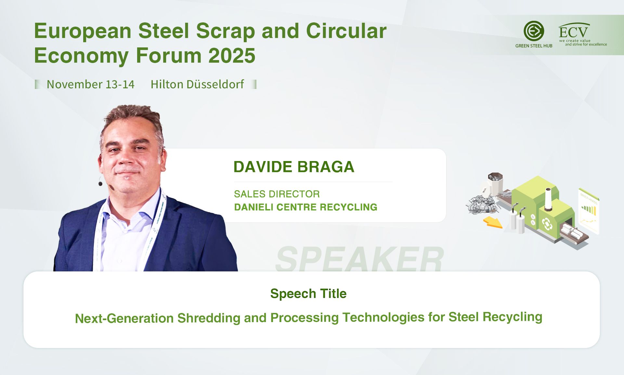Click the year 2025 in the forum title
pyautogui.click(x=232, y=56)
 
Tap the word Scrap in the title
pyautogui.click(x=226, y=31)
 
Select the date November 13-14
pyautogui.click(x=90, y=84)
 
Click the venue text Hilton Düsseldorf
pyautogui.click(x=197, y=84)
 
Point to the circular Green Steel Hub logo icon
pyautogui.click(x=534, y=31)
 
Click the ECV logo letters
pyautogui.click(x=573, y=32)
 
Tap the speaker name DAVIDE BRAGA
pyautogui.click(x=294, y=167)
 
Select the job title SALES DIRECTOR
pyautogui.click(x=277, y=194)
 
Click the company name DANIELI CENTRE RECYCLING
pyautogui.click(x=305, y=207)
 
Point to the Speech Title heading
pyautogui.click(x=308, y=294)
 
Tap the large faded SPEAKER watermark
pyautogui.click(x=359, y=259)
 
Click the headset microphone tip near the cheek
pyautogui.click(x=100, y=184)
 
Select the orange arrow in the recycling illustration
pyautogui.click(x=493, y=222)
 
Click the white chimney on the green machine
pyautogui.click(x=548, y=199)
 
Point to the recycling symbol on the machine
pyautogui.click(x=547, y=224)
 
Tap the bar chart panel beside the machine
pyautogui.click(x=589, y=210)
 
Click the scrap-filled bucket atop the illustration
pyautogui.click(x=495, y=184)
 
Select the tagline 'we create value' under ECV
pyautogui.click(x=575, y=41)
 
